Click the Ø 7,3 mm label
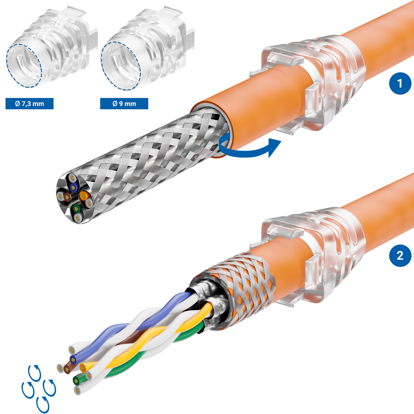(x=29, y=104)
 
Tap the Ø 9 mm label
(x=124, y=104)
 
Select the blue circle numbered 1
(x=400, y=83)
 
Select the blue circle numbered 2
(x=400, y=256)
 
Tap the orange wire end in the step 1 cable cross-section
(x=82, y=196)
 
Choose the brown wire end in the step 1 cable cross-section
(x=67, y=197)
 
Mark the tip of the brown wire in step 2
(x=67, y=369)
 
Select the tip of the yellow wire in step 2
(x=83, y=368)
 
